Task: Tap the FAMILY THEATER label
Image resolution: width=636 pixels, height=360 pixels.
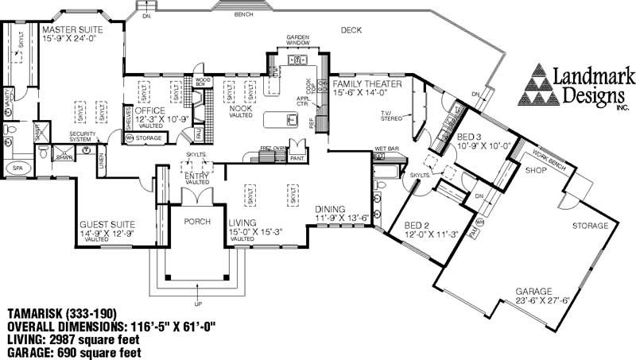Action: [367, 83]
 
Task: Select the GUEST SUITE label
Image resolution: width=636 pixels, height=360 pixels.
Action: [107, 224]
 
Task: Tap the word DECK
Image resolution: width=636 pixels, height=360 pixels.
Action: [351, 30]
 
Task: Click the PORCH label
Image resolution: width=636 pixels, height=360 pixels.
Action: [195, 222]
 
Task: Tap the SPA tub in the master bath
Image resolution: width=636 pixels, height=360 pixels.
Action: [17, 168]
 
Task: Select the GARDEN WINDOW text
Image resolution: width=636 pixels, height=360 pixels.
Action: [300, 41]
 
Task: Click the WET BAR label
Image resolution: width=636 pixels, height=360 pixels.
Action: [387, 149]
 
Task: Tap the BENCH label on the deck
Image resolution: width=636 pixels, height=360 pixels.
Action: [245, 14]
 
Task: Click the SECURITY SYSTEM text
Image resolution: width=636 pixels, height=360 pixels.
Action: [83, 137]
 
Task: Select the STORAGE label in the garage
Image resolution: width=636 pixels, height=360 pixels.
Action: [590, 226]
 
